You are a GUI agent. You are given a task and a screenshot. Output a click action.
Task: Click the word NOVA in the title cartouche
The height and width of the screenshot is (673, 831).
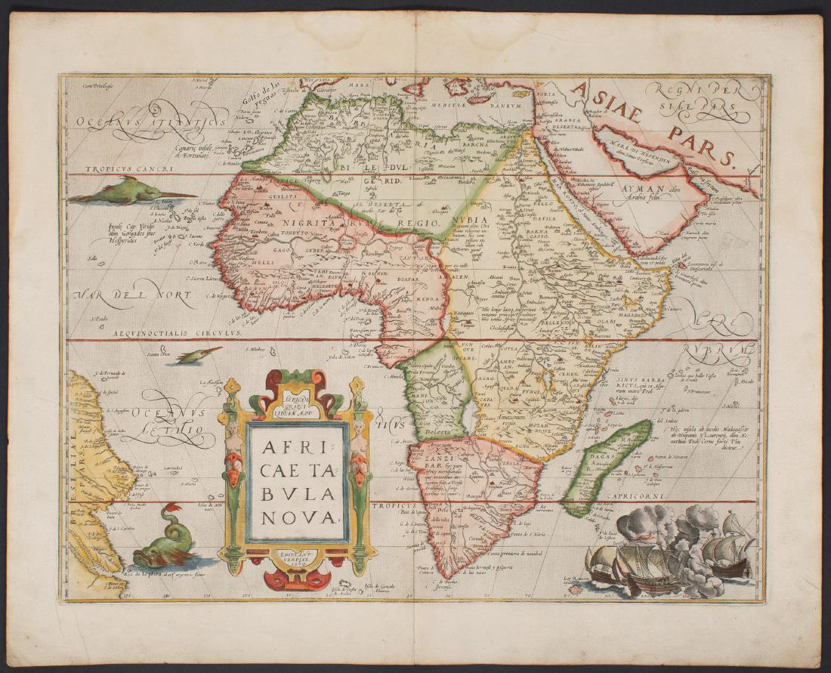[296, 517]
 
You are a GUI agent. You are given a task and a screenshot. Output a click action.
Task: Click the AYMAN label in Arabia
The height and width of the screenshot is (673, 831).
[642, 191]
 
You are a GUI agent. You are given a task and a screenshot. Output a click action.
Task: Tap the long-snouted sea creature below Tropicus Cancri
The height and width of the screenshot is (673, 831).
[128, 191]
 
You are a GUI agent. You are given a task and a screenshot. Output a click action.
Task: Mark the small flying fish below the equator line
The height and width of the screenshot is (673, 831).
[198, 354]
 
